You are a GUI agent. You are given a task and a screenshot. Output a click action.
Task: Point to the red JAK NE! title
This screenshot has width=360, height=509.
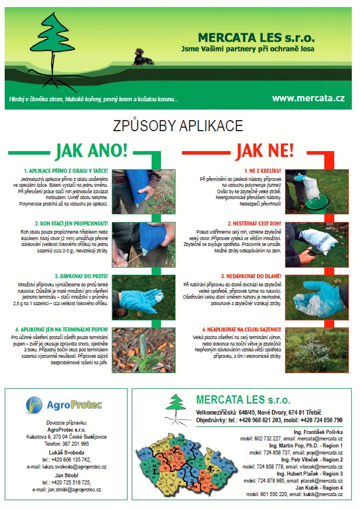point(265,150)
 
